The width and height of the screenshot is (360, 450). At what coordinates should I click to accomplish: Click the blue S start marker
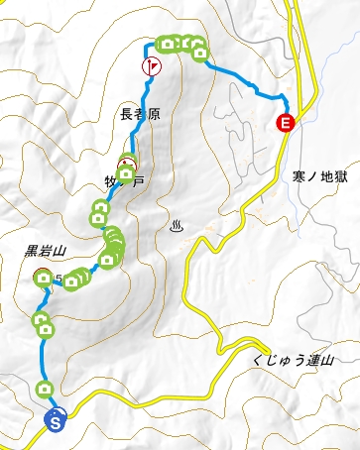pos(57,420)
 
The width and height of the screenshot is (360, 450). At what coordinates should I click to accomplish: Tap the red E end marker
pos(286,124)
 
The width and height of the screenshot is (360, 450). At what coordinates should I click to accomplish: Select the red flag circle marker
pos(151,66)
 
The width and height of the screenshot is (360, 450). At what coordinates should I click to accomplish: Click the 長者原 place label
pos(139,117)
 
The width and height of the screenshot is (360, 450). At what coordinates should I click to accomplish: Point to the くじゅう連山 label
pos(290,364)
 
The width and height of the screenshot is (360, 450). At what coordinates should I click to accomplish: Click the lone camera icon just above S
pos(44,389)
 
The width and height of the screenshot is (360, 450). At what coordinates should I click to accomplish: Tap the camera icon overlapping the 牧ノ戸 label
pos(126,176)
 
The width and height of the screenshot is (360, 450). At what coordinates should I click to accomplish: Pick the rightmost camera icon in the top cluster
pos(199,52)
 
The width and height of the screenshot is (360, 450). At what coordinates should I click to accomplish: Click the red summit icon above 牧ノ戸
pos(127,164)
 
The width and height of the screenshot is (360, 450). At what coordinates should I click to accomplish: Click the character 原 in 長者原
pos(153,117)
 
